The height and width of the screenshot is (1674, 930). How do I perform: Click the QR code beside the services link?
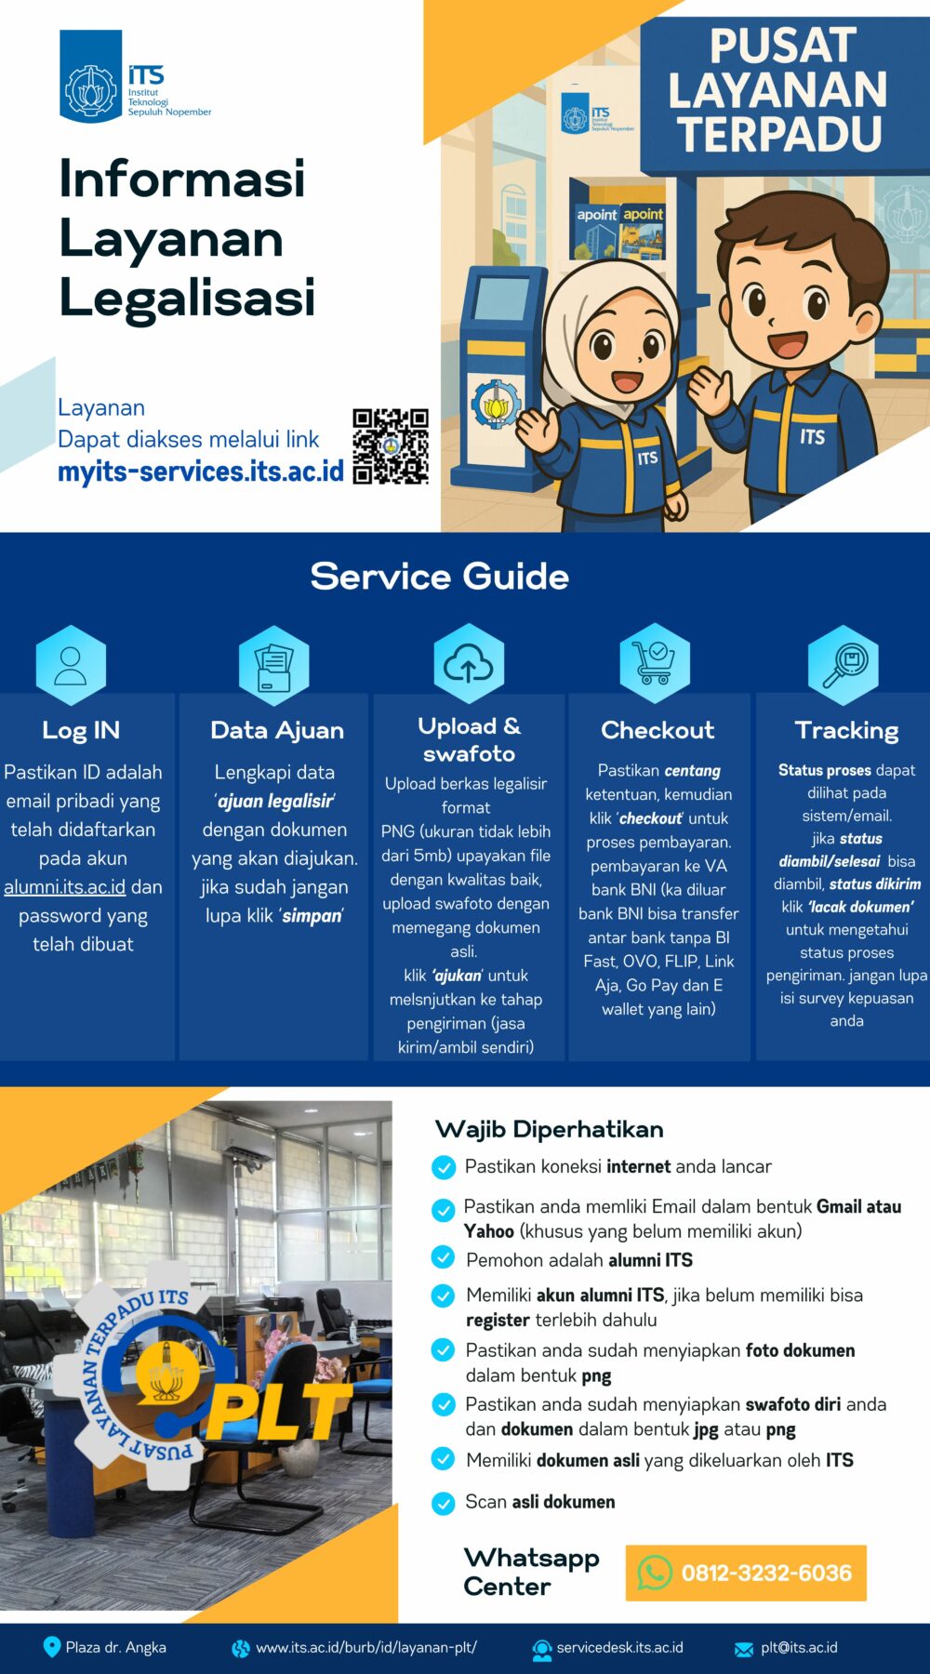coord(391,446)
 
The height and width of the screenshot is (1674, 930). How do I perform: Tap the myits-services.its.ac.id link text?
coord(201,472)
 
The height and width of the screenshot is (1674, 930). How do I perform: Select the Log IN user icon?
coord(71,665)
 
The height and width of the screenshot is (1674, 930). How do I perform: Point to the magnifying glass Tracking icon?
coord(844,664)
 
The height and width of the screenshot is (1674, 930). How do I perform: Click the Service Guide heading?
coord(439,577)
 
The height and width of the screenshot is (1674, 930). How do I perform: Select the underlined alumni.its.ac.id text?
coord(64,887)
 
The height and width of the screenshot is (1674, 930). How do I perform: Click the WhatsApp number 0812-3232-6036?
coord(766,1573)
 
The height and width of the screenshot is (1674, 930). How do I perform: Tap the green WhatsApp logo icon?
coord(655,1573)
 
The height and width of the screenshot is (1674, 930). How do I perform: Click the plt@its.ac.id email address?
coord(798,1647)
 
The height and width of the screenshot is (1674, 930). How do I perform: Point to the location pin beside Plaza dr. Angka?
coord(52,1647)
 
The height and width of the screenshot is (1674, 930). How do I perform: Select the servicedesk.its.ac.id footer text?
coord(619,1647)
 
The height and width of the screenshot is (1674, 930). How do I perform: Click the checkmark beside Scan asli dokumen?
coord(444,1502)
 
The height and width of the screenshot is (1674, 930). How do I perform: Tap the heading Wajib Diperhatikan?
coord(549,1129)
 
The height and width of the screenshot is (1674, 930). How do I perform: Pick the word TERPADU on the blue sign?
coord(779,132)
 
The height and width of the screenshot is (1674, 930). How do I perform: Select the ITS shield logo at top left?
coord(91,76)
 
